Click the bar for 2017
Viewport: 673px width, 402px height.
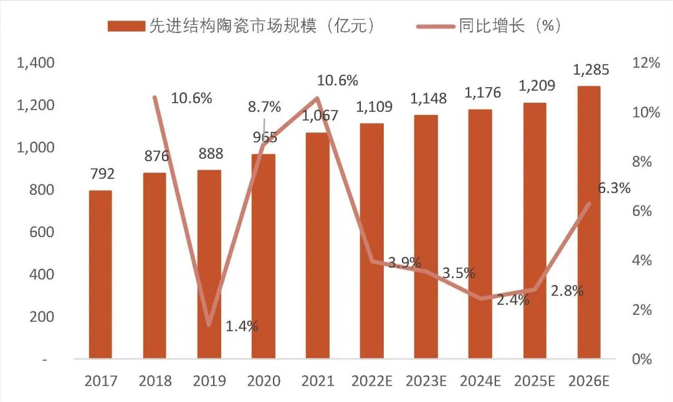tap(100, 274)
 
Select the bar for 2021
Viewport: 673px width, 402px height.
tap(317, 246)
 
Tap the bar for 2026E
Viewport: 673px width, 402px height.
tap(588, 222)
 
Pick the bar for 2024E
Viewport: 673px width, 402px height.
tap(480, 234)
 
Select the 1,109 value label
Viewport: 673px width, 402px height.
tap(374, 106)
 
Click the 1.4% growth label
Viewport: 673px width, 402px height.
tap(242, 326)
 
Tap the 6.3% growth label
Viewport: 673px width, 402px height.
tap(614, 188)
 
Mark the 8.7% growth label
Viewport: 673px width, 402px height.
tap(264, 106)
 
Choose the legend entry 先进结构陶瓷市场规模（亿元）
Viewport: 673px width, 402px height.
tap(243, 26)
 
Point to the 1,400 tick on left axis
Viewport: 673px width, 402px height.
tap(36, 63)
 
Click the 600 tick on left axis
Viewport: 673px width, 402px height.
tap(42, 232)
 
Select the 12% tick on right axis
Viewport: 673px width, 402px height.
tap(646, 63)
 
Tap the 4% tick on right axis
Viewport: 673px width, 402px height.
tap(646, 260)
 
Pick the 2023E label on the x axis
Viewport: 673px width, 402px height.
tap(426, 380)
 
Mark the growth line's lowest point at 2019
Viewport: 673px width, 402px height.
tap(209, 325)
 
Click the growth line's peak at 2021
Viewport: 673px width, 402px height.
tap(317, 98)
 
